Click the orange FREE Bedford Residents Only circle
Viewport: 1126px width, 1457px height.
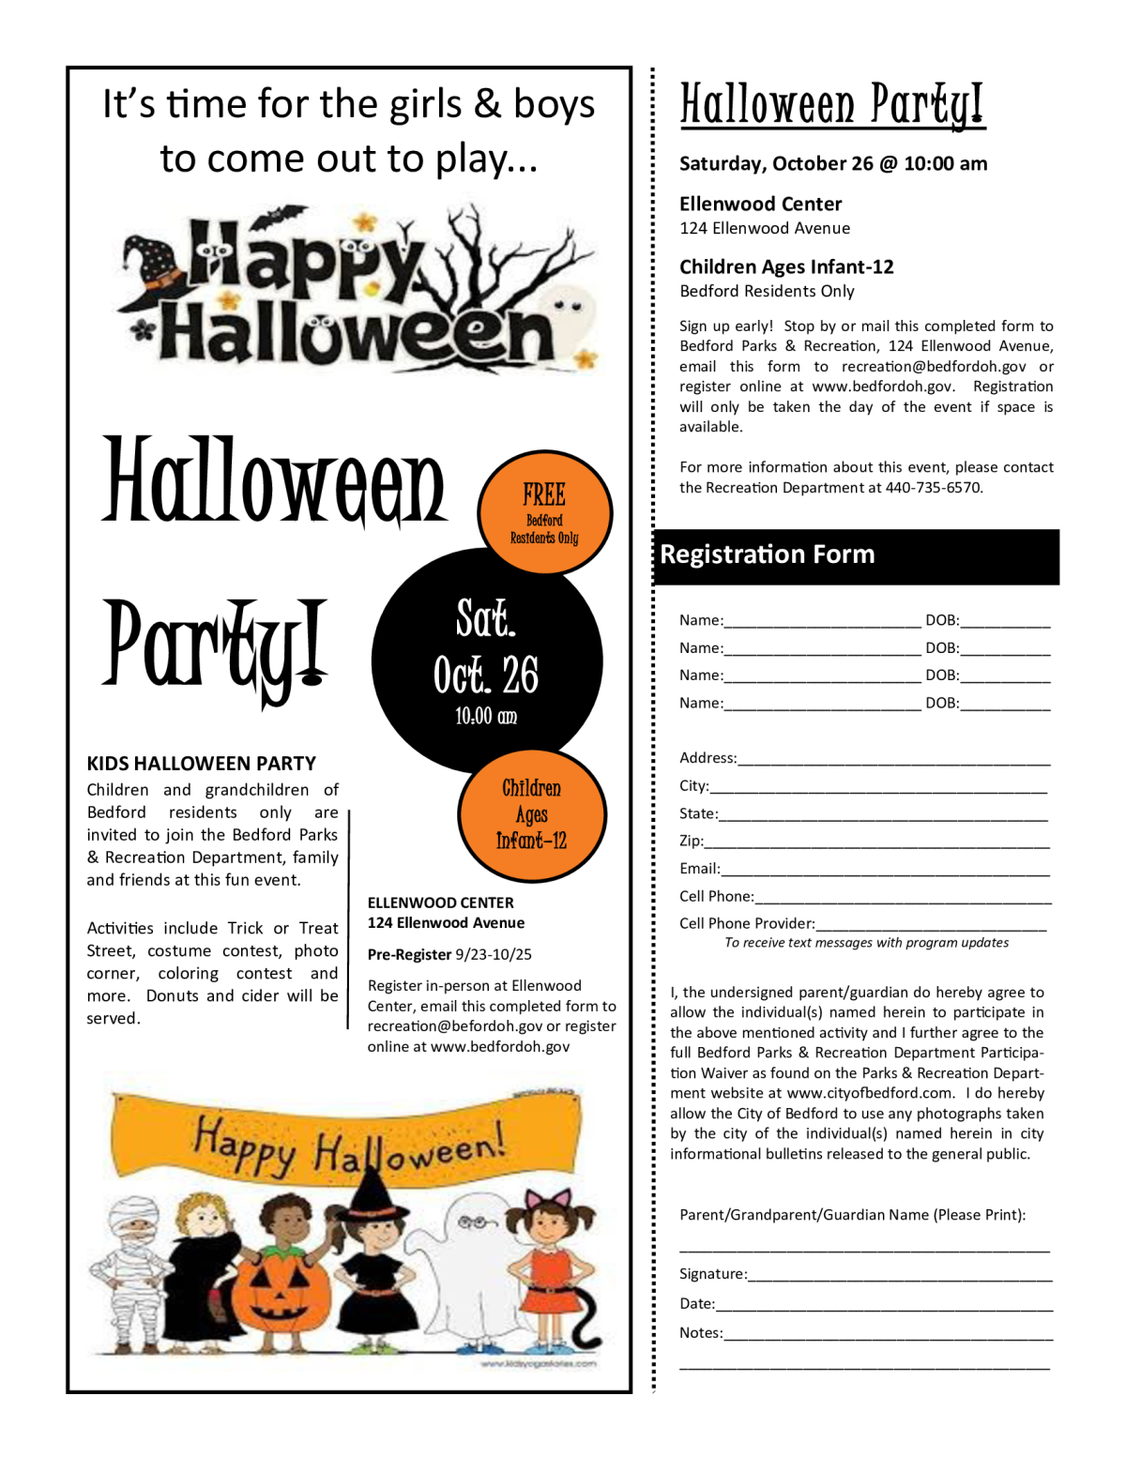544,512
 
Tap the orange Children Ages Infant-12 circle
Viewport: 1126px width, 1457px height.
531,814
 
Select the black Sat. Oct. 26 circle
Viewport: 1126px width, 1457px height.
486,662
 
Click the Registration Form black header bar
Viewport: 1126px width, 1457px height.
856,555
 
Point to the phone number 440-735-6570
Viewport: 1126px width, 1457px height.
933,488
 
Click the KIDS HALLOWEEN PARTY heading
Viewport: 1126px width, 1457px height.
202,764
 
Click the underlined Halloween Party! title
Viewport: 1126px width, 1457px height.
831,106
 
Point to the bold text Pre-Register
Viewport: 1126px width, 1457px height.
409,955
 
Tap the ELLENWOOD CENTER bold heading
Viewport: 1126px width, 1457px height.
441,903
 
